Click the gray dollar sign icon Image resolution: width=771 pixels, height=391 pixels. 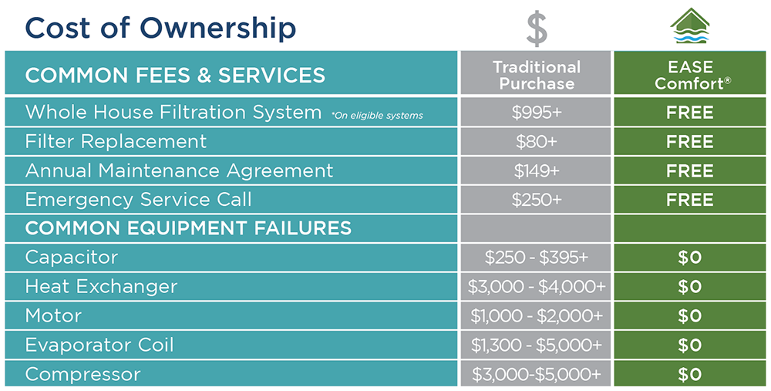(537, 29)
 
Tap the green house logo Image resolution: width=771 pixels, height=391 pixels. (690, 25)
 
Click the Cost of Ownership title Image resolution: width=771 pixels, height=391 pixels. (160, 28)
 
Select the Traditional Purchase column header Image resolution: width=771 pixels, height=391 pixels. (537, 75)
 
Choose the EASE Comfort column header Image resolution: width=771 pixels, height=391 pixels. (690, 75)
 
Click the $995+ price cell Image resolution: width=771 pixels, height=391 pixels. (537, 113)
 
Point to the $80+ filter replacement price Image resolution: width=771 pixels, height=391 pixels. (537, 142)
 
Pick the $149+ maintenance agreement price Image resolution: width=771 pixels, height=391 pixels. (537, 170)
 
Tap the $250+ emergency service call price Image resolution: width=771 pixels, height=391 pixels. (537, 200)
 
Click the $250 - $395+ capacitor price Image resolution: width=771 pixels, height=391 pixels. (537, 258)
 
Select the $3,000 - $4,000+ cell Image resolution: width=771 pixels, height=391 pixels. (537, 287)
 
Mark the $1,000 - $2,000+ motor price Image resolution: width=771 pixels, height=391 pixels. (537, 315)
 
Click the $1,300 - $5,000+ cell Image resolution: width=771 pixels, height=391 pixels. (537, 345)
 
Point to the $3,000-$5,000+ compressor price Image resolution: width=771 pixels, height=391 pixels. (537, 375)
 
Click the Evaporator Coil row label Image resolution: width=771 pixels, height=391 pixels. (99, 345)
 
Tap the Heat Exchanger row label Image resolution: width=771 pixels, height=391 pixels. (101, 287)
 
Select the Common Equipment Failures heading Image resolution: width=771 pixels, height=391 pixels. (188, 228)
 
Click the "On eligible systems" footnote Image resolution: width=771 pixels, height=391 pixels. (377, 116)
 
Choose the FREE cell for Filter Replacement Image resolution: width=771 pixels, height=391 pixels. (690, 142)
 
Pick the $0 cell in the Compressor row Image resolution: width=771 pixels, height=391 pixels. (690, 375)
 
